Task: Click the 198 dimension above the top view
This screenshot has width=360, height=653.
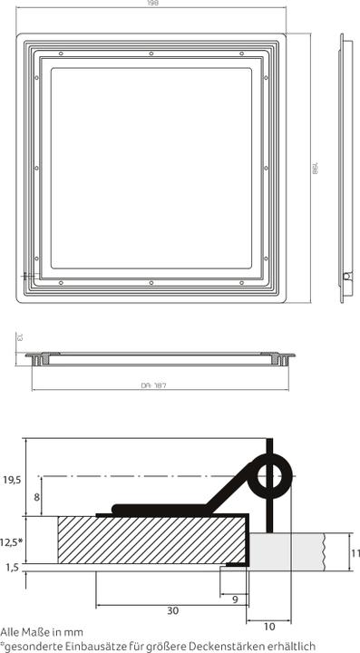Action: pos(151,5)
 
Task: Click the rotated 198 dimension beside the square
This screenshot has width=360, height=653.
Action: pos(316,169)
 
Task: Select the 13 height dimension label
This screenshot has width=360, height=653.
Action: pos(17,337)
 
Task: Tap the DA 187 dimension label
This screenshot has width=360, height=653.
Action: pos(152,385)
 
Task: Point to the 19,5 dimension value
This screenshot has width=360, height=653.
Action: pos(12,481)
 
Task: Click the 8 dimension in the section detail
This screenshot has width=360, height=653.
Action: pos(37,497)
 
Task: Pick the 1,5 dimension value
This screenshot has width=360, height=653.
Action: pos(12,567)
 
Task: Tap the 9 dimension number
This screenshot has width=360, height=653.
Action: pos(234,599)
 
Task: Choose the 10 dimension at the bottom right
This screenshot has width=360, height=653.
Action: pos(268,626)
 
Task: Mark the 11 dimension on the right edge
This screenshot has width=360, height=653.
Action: pos(355,551)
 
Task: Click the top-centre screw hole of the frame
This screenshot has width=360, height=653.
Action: pos(151,53)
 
